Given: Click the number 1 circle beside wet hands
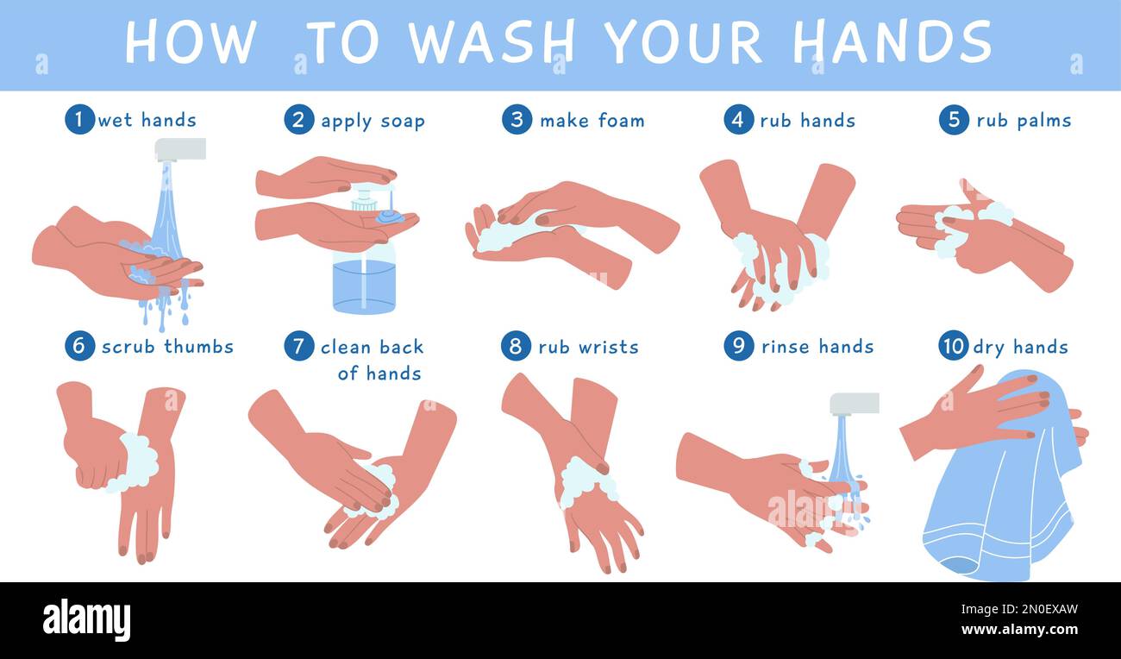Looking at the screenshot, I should tap(79, 119).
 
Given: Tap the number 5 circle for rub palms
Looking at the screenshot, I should tap(954, 119).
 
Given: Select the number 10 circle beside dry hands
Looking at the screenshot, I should tap(953, 346).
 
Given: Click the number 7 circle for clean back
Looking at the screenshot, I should tap(298, 346).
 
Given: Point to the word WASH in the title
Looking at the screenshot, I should tap(492, 41).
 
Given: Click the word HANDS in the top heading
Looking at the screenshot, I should tap(892, 41).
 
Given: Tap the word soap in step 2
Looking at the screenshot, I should tap(402, 121).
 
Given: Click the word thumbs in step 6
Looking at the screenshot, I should tap(198, 347).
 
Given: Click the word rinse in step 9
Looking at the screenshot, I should tap(786, 347).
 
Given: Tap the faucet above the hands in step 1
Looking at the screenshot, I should tap(180, 149).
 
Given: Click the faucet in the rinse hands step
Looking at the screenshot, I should tap(854, 404).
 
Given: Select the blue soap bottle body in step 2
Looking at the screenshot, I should tap(364, 280).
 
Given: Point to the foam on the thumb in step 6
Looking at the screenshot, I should tap(138, 462).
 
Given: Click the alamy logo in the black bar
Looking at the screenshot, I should tap(86, 620).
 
